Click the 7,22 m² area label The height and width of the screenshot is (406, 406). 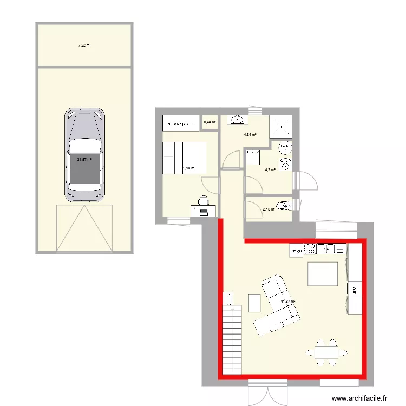pos(84,45)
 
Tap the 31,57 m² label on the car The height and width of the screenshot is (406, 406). pos(84,160)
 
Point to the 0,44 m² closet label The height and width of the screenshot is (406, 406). pos(209,122)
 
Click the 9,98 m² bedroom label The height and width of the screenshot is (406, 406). pos(189,168)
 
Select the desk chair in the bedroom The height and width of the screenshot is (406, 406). pos(204,202)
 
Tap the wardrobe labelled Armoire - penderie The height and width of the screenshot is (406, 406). pos(181,124)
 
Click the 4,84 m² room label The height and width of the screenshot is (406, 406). pos(250,135)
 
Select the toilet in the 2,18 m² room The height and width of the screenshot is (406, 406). pos(284,205)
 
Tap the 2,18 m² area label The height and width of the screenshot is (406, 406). pos(269,211)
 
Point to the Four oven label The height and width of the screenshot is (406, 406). pos(355,288)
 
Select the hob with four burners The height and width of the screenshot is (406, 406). pos(310,250)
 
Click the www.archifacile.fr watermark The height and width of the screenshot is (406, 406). pos(359,398)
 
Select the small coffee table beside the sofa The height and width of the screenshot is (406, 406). pos(254,303)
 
